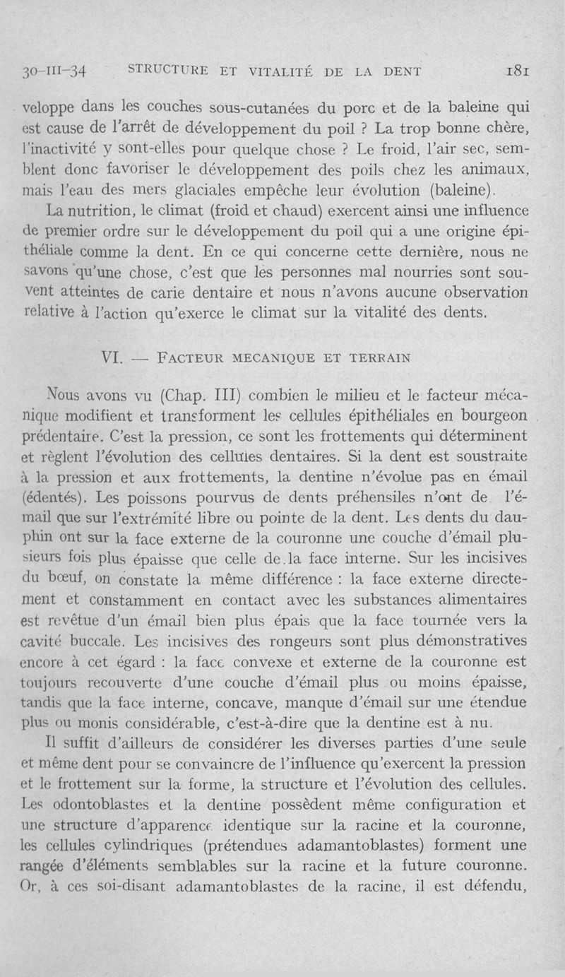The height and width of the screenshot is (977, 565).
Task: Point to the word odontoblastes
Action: (x=102, y=805)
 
